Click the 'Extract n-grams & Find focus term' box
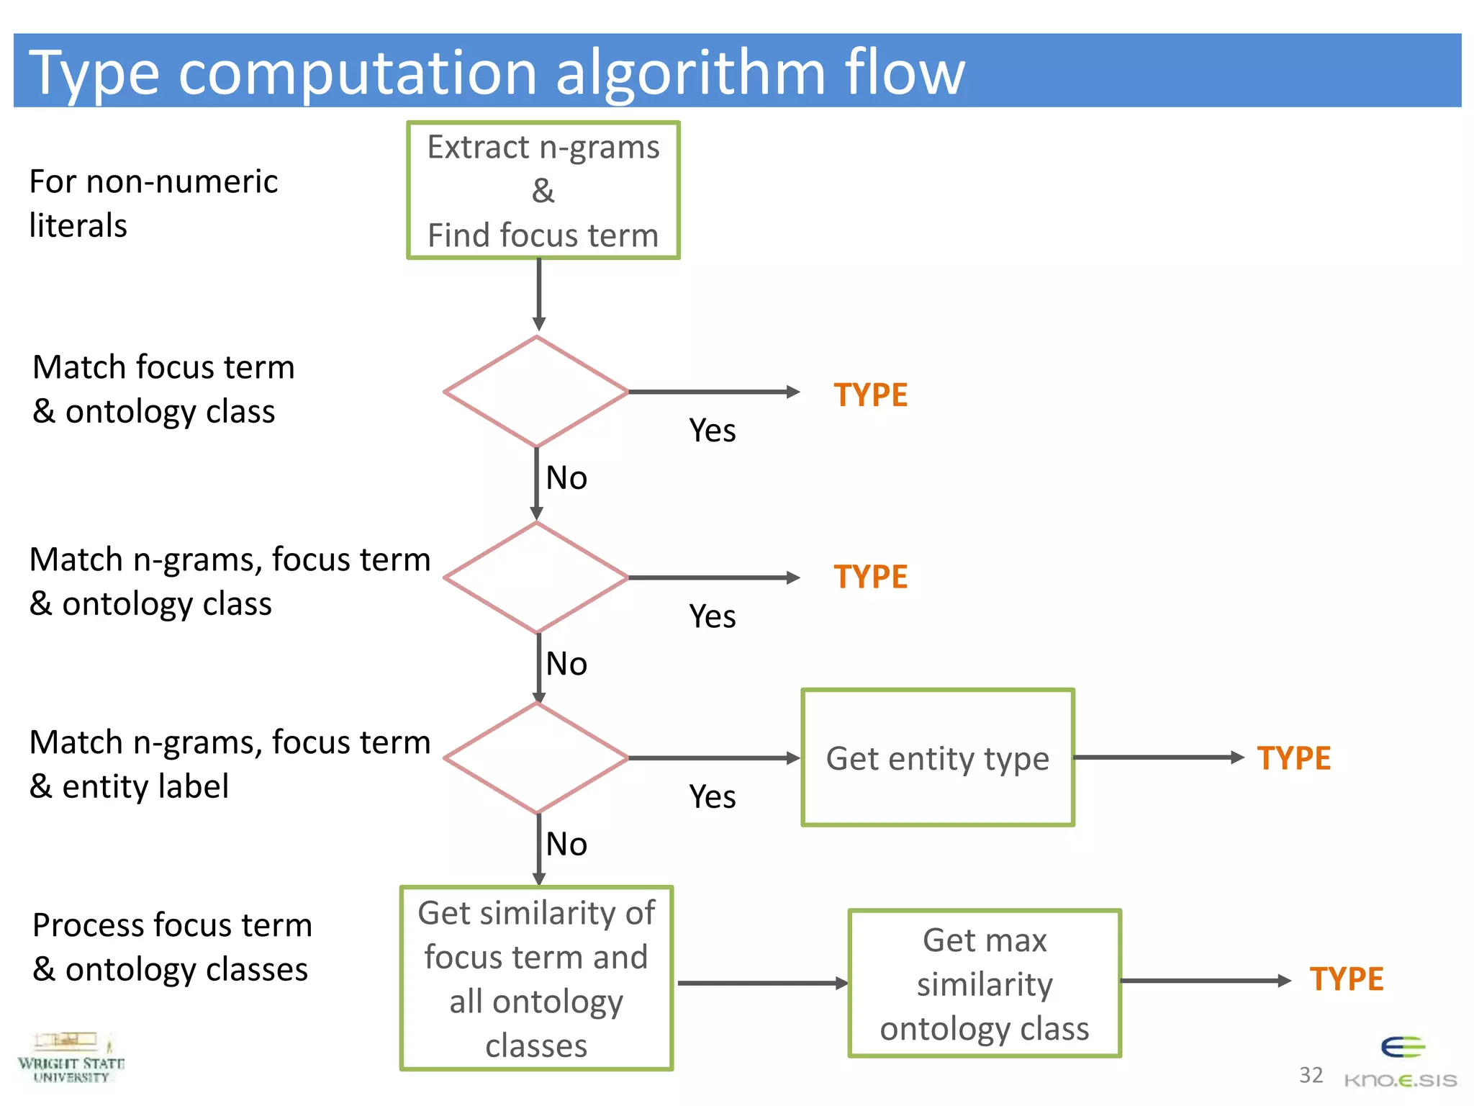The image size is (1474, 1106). tap(543, 190)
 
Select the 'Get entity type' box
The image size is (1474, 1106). tap(937, 757)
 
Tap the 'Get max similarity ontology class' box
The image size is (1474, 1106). tap(985, 983)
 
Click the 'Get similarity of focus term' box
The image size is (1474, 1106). tap(536, 978)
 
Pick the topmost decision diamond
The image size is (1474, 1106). tap(537, 392)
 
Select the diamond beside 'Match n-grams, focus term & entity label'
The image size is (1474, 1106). tap(537, 757)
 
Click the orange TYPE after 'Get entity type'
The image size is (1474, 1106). tap(1293, 758)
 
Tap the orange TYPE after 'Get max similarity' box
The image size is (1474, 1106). tap(1346, 979)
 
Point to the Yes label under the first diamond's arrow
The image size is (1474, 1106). tap(712, 431)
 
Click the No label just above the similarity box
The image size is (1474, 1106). tap(566, 844)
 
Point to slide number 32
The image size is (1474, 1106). tap(1311, 1075)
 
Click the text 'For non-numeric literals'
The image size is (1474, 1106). tap(153, 203)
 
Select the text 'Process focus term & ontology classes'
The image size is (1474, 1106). tap(171, 947)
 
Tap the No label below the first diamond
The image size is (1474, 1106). tap(566, 478)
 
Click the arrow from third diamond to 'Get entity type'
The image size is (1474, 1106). tap(713, 757)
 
